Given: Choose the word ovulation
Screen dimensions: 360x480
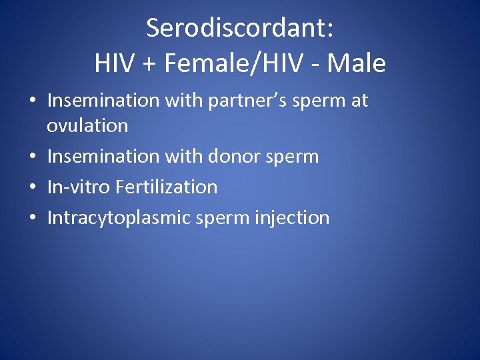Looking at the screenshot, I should click(87, 125).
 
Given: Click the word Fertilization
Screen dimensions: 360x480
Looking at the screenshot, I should click(167, 187).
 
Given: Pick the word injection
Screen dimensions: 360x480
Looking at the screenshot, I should click(294, 218).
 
